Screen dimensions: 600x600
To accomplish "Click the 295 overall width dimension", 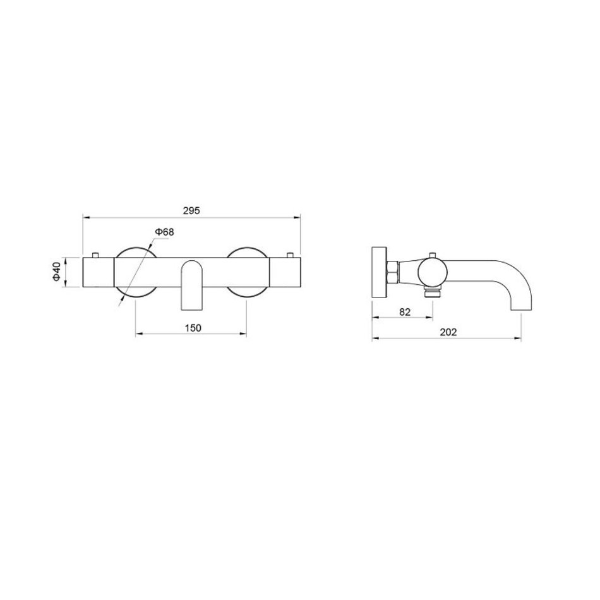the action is click(192, 210).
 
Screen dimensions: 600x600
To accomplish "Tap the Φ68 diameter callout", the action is click(164, 232).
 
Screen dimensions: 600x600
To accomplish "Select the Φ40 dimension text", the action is click(57, 272).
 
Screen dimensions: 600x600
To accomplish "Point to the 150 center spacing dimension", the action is click(193, 328).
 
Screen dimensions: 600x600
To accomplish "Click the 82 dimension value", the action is click(405, 312).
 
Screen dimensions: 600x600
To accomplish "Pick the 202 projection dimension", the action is click(448, 332).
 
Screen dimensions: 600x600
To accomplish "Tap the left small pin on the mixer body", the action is click(95, 255).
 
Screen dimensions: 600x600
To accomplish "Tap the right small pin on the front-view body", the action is click(290, 255).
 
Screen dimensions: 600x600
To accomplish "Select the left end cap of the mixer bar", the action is click(99, 272).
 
